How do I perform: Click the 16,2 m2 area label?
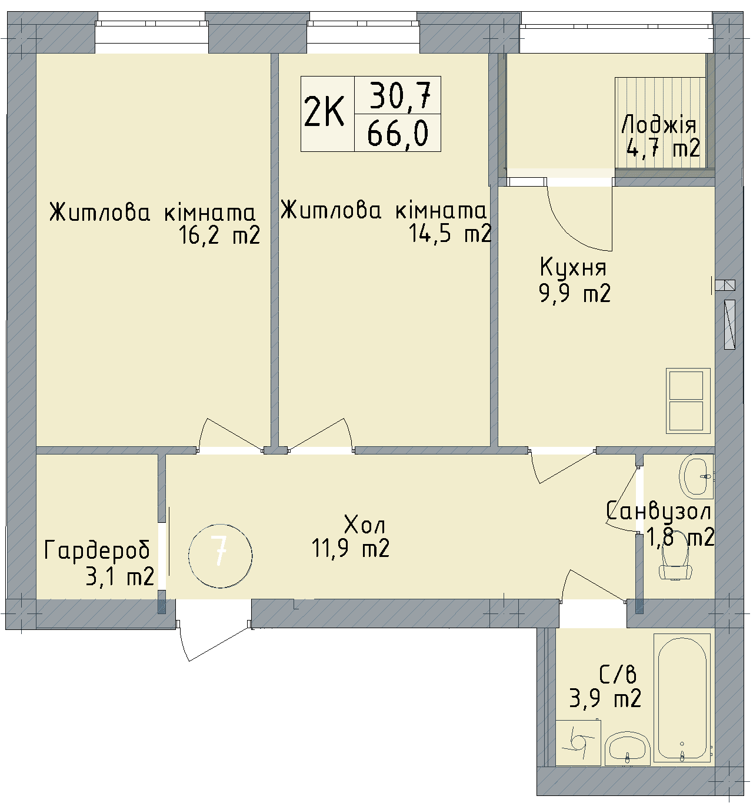pyautogui.click(x=219, y=236)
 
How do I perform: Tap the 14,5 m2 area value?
pyautogui.click(x=450, y=234)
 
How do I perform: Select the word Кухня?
pyautogui.click(x=572, y=268)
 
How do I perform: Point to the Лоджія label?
pyautogui.click(x=659, y=125)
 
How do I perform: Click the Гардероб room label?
pyautogui.click(x=97, y=550)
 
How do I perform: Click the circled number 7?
pyautogui.click(x=221, y=555)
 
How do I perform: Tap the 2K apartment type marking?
pyautogui.click(x=324, y=113)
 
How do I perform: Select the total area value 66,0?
pyautogui.click(x=397, y=134)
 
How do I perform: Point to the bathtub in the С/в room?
pyautogui.click(x=682, y=698)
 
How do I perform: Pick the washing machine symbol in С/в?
pyautogui.click(x=577, y=744)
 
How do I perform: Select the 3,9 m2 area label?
pyautogui.click(x=605, y=699)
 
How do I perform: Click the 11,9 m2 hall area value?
pyautogui.click(x=351, y=549)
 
